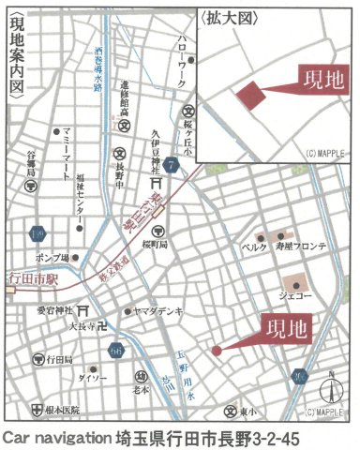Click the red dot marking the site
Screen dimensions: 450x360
(217, 351)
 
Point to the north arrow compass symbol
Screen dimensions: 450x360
(331, 386)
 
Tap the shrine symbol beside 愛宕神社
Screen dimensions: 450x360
(82, 308)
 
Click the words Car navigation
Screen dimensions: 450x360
(52, 438)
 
